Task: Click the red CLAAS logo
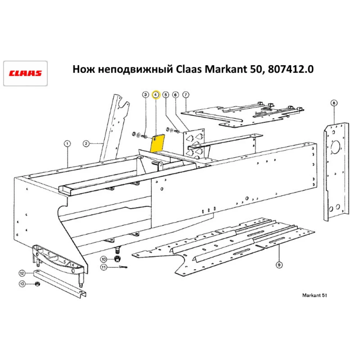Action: [26, 73]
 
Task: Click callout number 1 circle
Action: [67, 144]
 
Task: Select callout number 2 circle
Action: [86, 144]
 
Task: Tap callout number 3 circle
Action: [145, 95]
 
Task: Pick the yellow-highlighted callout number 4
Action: [156, 95]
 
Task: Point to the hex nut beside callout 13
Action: [37, 284]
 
